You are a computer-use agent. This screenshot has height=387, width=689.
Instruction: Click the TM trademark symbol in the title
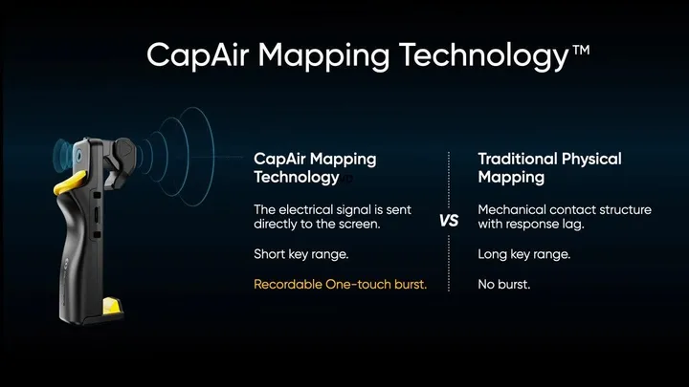[x=581, y=50]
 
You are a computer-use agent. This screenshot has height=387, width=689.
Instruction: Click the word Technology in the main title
[x=484, y=56]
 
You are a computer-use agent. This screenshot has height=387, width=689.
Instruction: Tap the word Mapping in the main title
[x=323, y=56]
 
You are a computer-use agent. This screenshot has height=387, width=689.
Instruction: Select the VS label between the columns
[x=449, y=221]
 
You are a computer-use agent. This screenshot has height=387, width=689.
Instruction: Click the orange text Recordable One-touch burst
[x=340, y=285]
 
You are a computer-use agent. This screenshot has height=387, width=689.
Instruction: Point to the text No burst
[x=504, y=285]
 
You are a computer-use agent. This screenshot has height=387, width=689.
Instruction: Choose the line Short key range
[x=301, y=254]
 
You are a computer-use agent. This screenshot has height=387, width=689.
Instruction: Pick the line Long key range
[x=524, y=254]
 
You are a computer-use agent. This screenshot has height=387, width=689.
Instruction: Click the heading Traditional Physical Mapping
[x=549, y=168]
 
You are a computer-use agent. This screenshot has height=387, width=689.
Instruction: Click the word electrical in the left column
[x=306, y=209]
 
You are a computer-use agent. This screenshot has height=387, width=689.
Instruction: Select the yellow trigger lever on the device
[x=70, y=183]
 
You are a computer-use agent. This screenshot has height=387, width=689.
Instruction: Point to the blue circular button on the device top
[x=78, y=155]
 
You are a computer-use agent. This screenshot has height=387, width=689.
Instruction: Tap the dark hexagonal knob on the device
[x=124, y=149]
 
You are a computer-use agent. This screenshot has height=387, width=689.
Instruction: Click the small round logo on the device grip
[x=65, y=264]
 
